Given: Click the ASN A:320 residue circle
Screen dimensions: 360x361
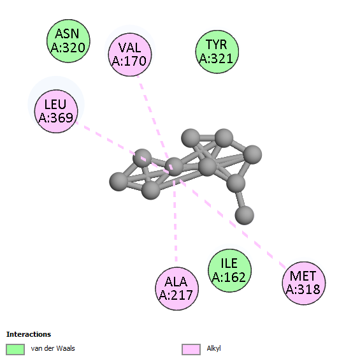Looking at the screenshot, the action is pyautogui.click(x=68, y=41).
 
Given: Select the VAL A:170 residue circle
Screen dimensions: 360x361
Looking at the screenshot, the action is pyautogui.click(x=130, y=55).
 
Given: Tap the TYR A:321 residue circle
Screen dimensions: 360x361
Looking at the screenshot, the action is pyautogui.click(x=217, y=52).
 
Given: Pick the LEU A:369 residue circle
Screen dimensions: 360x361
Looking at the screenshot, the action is pyautogui.click(x=56, y=112).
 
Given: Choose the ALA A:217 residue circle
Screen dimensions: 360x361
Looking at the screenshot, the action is pyautogui.click(x=176, y=289).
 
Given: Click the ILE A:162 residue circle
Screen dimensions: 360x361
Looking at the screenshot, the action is pyautogui.click(x=229, y=270).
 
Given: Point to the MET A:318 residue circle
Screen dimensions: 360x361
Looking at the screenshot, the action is pyautogui.click(x=304, y=283).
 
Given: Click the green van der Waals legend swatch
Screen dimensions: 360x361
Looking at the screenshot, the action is pyautogui.click(x=15, y=350).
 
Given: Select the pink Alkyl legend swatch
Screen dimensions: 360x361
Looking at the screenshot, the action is pyautogui.click(x=191, y=350).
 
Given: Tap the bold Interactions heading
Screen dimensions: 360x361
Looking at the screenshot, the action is pyautogui.click(x=29, y=334).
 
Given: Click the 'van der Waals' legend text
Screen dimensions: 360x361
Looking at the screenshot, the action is pyautogui.click(x=53, y=348).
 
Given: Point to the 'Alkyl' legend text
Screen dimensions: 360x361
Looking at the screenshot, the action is pyautogui.click(x=213, y=348).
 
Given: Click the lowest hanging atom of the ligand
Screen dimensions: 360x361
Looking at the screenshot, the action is pyautogui.click(x=245, y=216).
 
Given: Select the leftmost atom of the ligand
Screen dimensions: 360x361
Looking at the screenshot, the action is pyautogui.click(x=119, y=182).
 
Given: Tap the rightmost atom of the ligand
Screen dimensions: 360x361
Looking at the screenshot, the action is pyautogui.click(x=252, y=154).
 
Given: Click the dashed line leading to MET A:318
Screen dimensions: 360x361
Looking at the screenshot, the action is pyautogui.click(x=233, y=224).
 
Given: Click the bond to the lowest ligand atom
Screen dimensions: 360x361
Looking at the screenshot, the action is pyautogui.click(x=240, y=200).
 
